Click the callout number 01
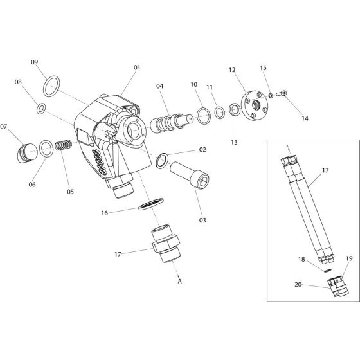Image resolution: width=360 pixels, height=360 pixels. tap(136, 67)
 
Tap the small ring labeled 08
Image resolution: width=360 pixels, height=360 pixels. tap(41, 108)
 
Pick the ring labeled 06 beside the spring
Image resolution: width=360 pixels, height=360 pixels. tap(46, 150)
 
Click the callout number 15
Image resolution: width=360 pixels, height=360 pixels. tap(264, 67)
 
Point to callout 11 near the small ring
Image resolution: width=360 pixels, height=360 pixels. tap(210, 88)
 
